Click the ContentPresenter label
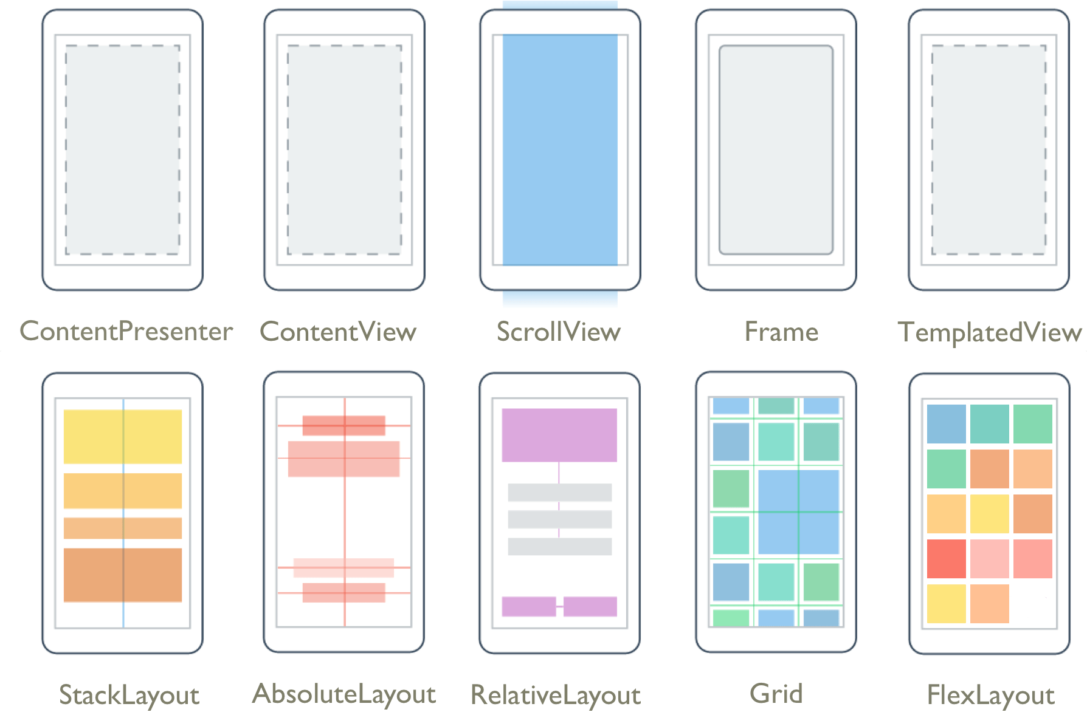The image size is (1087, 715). (126, 332)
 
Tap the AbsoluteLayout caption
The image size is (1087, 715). (344, 694)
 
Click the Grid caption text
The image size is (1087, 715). (776, 694)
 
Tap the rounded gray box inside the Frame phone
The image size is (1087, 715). (776, 150)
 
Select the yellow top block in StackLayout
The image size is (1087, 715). (123, 436)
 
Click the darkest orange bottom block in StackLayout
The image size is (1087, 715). (123, 575)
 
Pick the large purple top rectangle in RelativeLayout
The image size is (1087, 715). (559, 435)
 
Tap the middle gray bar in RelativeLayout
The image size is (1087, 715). (560, 519)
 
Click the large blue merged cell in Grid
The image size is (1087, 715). (799, 511)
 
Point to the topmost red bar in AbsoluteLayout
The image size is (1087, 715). (343, 425)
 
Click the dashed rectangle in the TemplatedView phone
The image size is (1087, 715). (989, 150)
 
